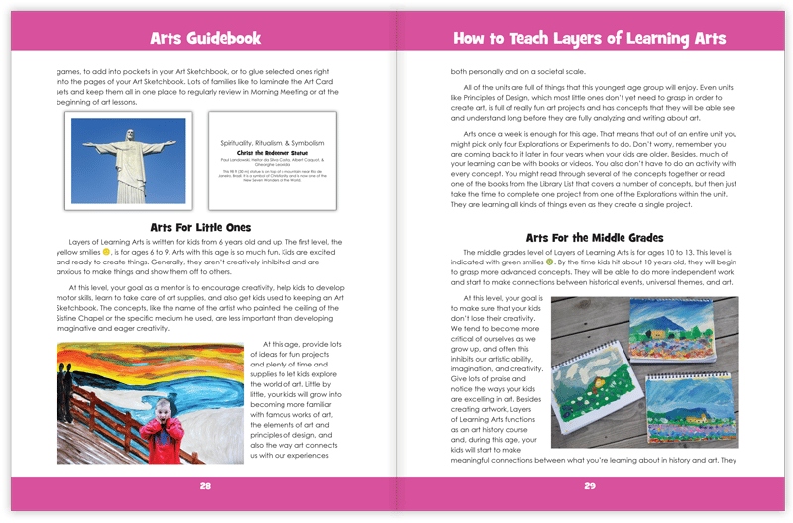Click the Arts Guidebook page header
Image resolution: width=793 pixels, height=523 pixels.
[x=204, y=38]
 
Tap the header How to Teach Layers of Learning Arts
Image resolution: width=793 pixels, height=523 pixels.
[x=589, y=38]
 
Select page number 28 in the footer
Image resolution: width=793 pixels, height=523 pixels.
[x=205, y=486]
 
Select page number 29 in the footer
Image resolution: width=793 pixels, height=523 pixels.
[x=589, y=486]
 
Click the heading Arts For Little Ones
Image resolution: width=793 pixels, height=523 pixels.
[x=204, y=226]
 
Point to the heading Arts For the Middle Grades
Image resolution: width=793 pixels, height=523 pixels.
[x=589, y=238]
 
